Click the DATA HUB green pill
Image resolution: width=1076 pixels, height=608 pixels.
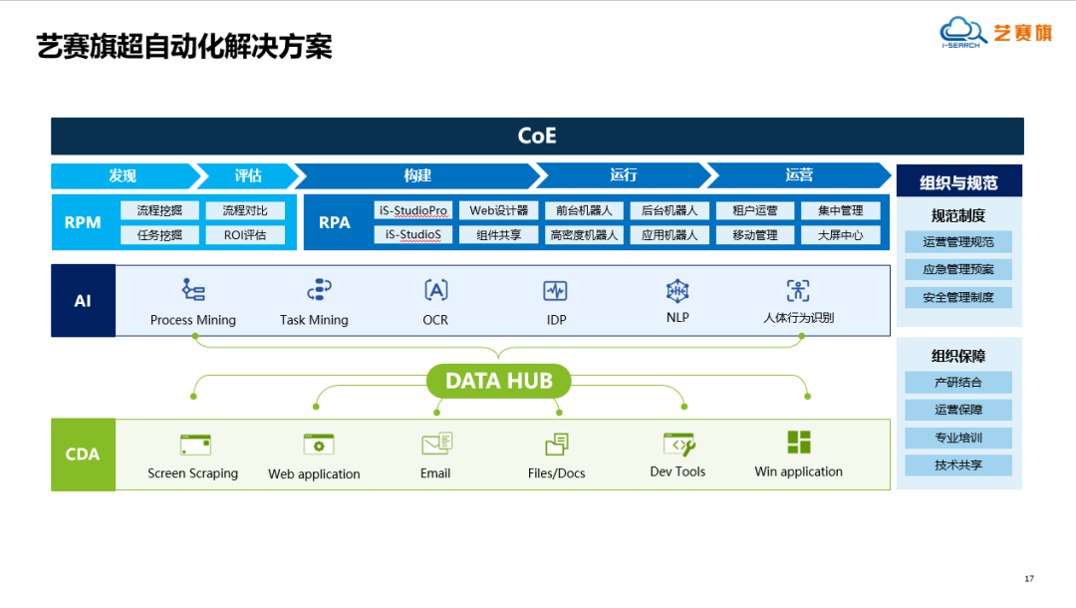click(x=498, y=381)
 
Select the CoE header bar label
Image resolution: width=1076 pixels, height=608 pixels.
click(x=537, y=136)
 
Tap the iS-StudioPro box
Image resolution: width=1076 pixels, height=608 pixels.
click(x=413, y=210)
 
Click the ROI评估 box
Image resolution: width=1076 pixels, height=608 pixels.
click(x=244, y=235)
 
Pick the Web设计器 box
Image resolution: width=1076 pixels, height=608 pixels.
click(x=499, y=210)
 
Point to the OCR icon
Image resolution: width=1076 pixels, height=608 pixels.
click(x=435, y=290)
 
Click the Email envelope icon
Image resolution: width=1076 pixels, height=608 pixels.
click(x=436, y=444)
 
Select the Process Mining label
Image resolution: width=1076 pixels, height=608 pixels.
click(x=193, y=320)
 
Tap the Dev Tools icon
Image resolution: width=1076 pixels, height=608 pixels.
click(x=677, y=444)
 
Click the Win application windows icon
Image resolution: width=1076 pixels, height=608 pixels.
click(x=798, y=443)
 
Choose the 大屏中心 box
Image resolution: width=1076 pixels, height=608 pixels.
click(x=840, y=235)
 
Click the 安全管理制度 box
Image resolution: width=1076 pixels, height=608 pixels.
click(x=957, y=297)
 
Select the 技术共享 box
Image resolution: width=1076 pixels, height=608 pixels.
click(x=957, y=465)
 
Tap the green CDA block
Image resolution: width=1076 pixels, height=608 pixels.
click(x=83, y=455)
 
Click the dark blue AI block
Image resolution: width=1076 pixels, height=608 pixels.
click(x=83, y=300)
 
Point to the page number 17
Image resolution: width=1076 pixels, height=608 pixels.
click(x=1029, y=578)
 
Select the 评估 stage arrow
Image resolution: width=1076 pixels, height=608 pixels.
click(x=247, y=175)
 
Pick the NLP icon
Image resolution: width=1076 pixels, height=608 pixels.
click(x=677, y=290)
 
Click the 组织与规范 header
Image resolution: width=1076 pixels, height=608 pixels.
click(x=958, y=182)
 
